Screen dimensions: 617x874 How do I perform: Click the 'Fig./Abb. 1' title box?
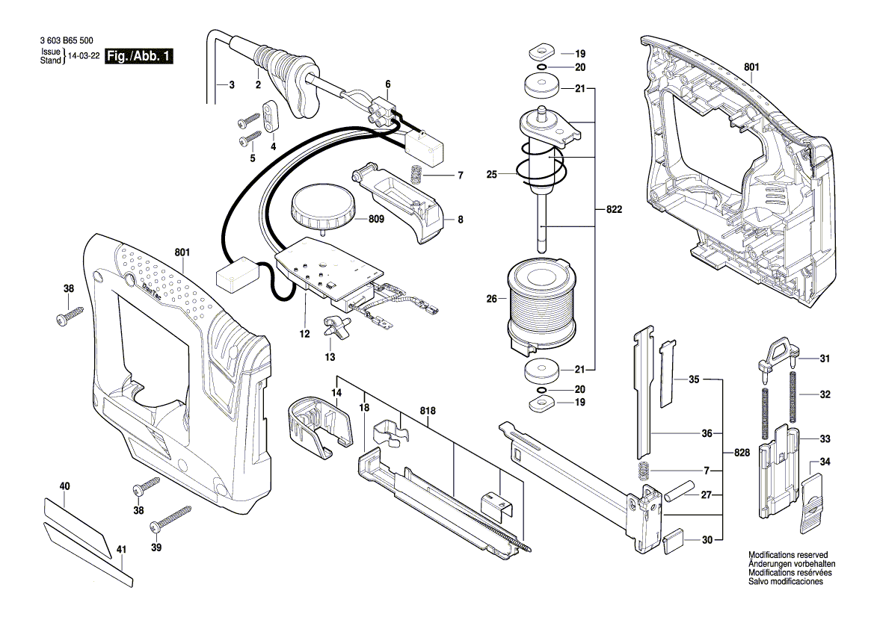pyautogui.click(x=140, y=57)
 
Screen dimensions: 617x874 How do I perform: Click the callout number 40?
pyautogui.click(x=64, y=486)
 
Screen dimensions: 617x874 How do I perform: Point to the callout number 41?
pyautogui.click(x=120, y=551)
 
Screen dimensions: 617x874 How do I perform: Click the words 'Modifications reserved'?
pyautogui.click(x=788, y=555)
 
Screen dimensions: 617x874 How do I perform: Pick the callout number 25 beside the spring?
pyautogui.click(x=492, y=175)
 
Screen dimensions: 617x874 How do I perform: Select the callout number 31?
pyautogui.click(x=825, y=359)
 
